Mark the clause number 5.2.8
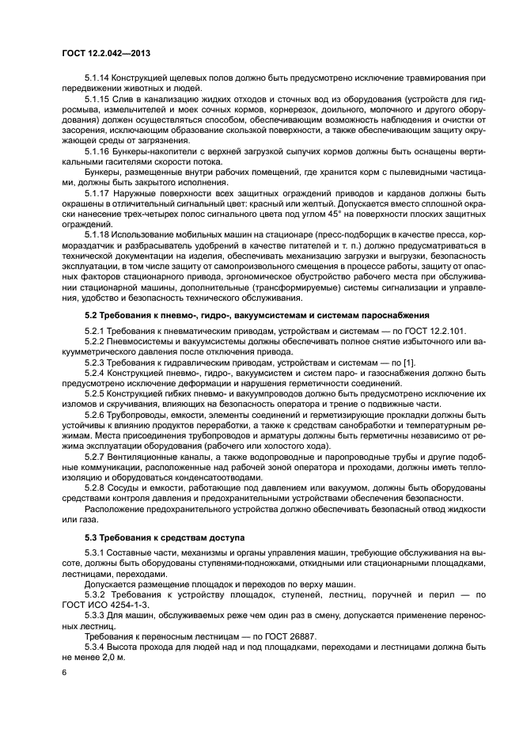pos(95,491)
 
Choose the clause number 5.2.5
pos(95,392)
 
